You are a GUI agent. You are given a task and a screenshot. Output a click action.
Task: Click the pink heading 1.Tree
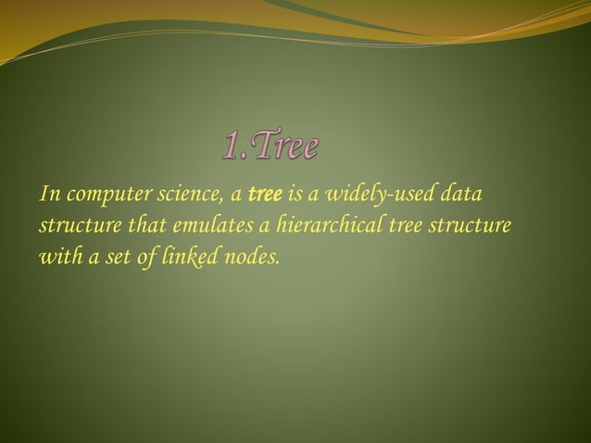point(271,146)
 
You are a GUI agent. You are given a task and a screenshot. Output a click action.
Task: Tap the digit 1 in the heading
point(231,146)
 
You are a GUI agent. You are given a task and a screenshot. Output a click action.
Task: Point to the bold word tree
point(264,196)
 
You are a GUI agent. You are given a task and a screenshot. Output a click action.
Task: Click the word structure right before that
point(75,226)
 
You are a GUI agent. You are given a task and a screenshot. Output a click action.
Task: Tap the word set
point(118,257)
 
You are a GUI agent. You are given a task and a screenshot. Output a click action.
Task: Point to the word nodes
point(250,257)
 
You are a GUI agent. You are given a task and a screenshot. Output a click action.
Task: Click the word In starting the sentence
point(47,196)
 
